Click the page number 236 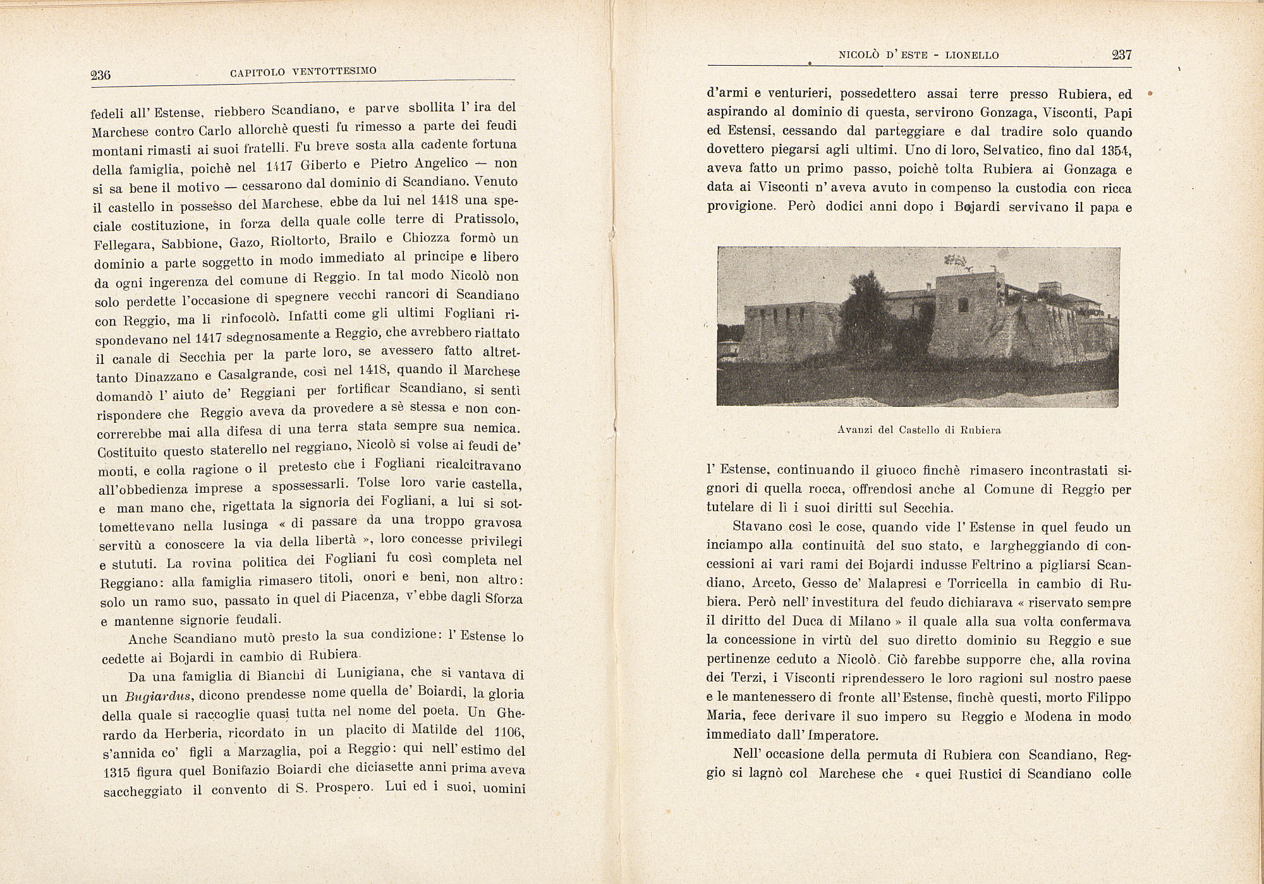(x=101, y=75)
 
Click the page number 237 (x=1121, y=55)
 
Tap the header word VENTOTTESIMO (x=334, y=71)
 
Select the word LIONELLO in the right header (x=972, y=56)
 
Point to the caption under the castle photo (x=919, y=430)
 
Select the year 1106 (x=507, y=732)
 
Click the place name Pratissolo (x=486, y=219)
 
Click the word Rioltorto (x=298, y=241)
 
